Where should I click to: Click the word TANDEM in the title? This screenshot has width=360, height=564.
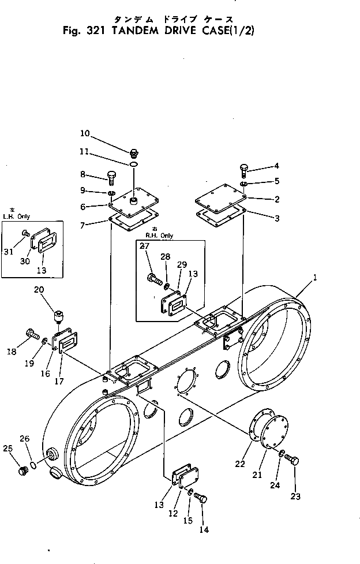pyautogui.click(x=135, y=31)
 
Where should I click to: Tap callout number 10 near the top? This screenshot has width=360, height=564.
pyautogui.click(x=85, y=133)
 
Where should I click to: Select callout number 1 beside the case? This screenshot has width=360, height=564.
pyautogui.click(x=315, y=278)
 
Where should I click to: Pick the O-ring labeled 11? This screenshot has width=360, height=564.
pyautogui.click(x=134, y=165)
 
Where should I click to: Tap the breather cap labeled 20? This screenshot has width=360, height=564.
pyautogui.click(x=58, y=316)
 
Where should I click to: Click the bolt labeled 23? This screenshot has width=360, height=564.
pyautogui.click(x=292, y=460)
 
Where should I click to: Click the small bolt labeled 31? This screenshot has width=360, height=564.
pyautogui.click(x=26, y=233)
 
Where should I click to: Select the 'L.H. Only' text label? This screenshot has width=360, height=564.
pyautogui.click(x=17, y=216)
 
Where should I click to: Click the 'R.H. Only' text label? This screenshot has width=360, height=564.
pyautogui.click(x=159, y=236)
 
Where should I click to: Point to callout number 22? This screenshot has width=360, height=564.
pyautogui.click(x=240, y=464)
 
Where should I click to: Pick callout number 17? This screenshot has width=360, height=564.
pyautogui.click(x=59, y=382)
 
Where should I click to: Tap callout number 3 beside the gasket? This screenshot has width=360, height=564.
pyautogui.click(x=277, y=218)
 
